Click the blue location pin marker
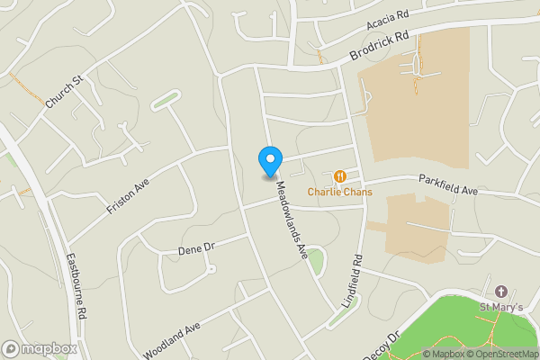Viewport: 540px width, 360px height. click(269, 160)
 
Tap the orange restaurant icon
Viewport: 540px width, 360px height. click(339, 176)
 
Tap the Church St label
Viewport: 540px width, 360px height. click(64, 93)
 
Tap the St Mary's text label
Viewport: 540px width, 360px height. click(501, 310)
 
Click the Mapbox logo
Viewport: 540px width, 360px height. click(40, 348)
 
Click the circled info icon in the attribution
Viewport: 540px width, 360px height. click(428, 354)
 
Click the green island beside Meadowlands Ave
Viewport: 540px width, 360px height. click(316, 260)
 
